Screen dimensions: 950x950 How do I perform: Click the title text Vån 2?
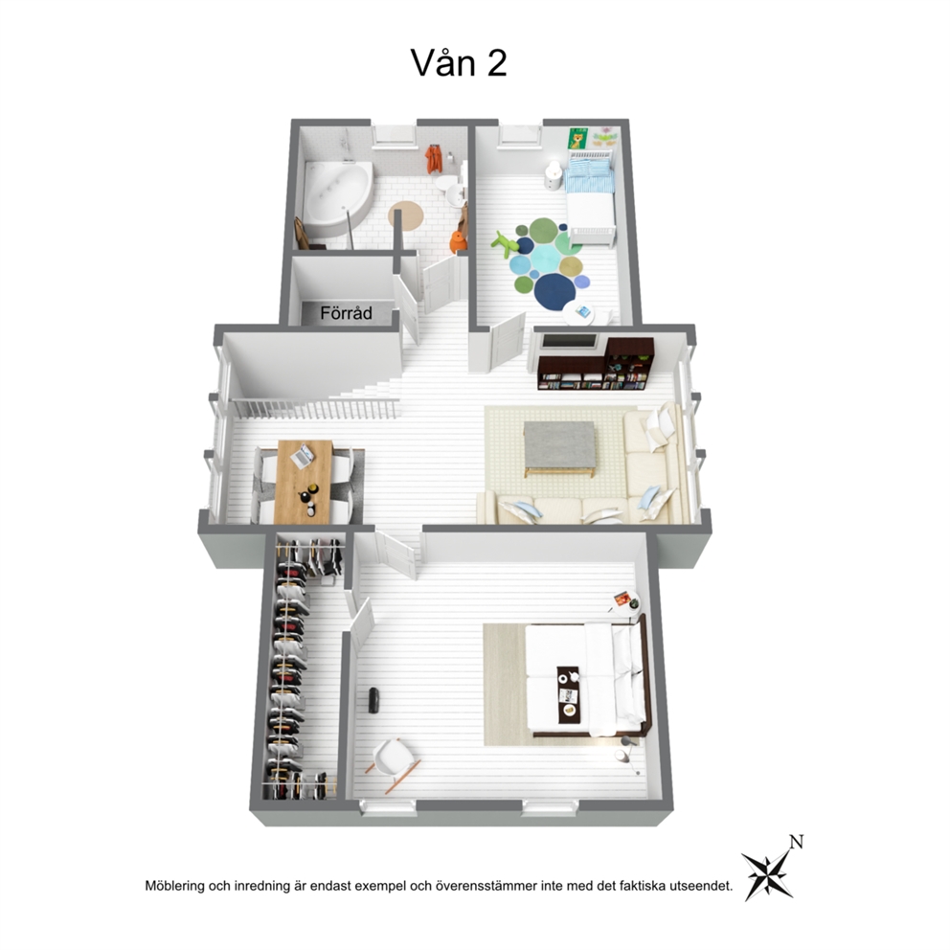point(459,63)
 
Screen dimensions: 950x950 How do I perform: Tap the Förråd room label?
point(346,313)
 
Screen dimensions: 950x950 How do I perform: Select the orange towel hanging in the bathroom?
point(433,159)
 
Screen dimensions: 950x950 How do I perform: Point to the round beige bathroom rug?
point(406,215)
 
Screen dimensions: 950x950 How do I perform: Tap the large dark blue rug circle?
point(555,291)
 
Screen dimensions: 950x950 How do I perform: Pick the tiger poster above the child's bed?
point(577,139)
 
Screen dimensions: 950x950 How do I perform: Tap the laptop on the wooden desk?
point(303,456)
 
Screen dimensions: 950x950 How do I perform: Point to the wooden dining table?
point(304,482)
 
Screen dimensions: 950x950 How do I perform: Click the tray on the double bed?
point(569,693)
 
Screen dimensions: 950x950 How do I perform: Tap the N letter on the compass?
point(796,842)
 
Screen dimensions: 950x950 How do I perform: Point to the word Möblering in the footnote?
point(175,887)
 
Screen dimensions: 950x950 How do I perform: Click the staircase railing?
point(315,408)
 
